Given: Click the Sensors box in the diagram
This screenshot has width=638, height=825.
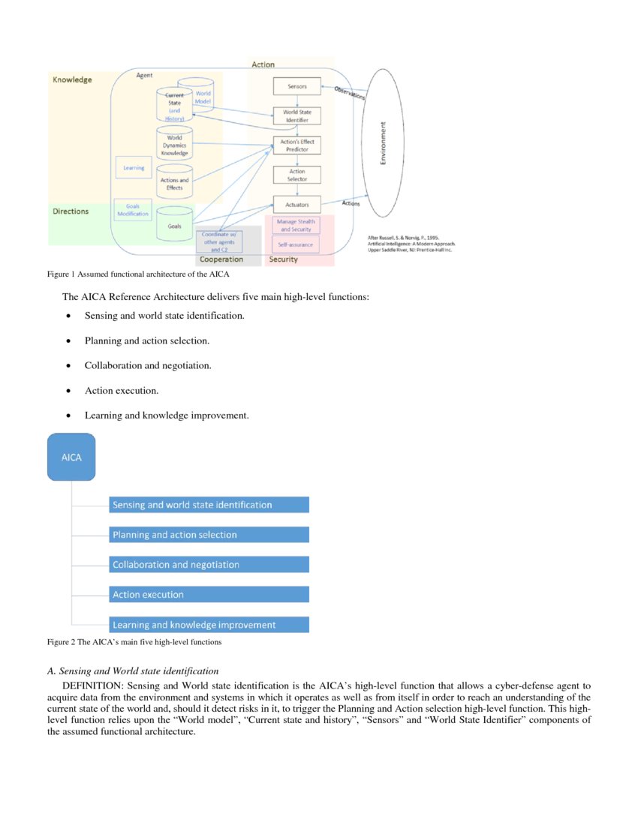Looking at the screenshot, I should pyautogui.click(x=296, y=86).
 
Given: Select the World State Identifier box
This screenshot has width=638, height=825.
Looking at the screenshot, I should pyautogui.click(x=296, y=115).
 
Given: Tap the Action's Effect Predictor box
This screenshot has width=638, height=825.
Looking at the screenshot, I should pyautogui.click(x=296, y=145).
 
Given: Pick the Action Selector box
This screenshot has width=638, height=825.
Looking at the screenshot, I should pyautogui.click(x=296, y=175).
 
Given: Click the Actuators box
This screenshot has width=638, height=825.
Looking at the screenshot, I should pyautogui.click(x=296, y=205).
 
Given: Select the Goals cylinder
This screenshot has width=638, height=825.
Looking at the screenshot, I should pyautogui.click(x=174, y=226).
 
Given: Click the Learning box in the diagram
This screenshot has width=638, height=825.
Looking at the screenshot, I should pyautogui.click(x=134, y=168).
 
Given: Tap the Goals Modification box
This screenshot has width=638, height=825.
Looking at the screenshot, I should pyautogui.click(x=132, y=209).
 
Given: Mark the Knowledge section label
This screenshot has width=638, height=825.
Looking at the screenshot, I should pyautogui.click(x=72, y=79).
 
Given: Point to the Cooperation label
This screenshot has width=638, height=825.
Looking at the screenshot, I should pyautogui.click(x=221, y=259).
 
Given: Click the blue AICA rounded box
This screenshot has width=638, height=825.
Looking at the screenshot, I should pyautogui.click(x=71, y=457).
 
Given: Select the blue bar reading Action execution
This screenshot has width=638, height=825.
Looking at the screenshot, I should pyautogui.click(x=209, y=595).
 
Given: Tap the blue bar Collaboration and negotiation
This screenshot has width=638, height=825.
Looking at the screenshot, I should pyautogui.click(x=209, y=565).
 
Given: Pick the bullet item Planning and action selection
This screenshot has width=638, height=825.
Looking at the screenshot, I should pyautogui.click(x=147, y=340).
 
